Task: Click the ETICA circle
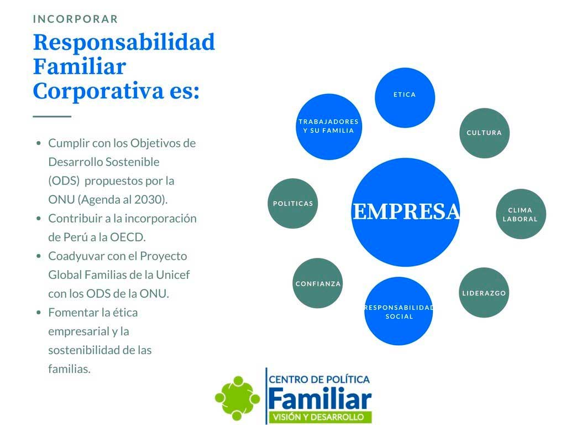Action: (x=405, y=97)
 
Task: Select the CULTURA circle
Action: (x=484, y=133)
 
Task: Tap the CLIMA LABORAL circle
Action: (x=521, y=214)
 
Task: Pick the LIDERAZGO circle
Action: (x=484, y=293)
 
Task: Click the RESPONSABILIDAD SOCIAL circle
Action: (x=399, y=311)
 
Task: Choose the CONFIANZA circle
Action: (x=318, y=283)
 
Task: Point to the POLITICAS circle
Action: (x=293, y=204)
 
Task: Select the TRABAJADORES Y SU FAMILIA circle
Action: (x=329, y=127)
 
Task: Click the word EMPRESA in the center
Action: (x=406, y=211)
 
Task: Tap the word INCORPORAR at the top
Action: (x=75, y=19)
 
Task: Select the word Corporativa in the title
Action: (x=98, y=91)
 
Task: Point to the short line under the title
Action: (x=52, y=116)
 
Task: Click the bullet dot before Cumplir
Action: (x=39, y=143)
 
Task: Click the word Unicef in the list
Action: (x=172, y=275)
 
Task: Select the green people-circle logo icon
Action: (x=237, y=398)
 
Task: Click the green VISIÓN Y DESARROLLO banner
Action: (x=320, y=417)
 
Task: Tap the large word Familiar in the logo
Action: (x=320, y=398)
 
